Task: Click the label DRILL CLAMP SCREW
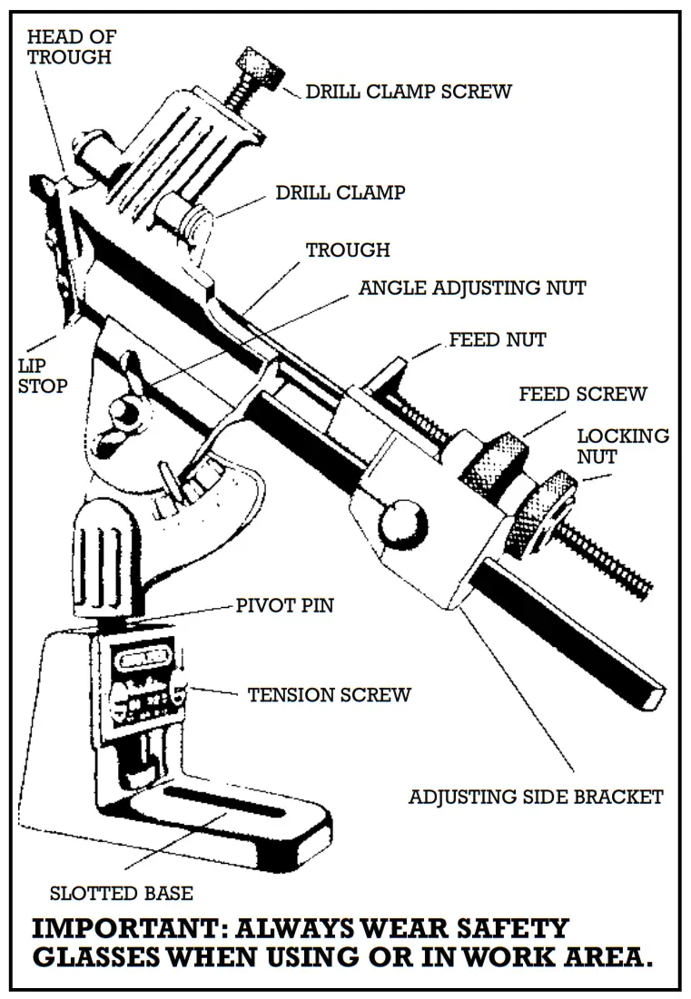pyautogui.click(x=408, y=92)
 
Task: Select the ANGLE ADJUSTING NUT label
pyautogui.click(x=472, y=288)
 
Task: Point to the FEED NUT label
pyautogui.click(x=498, y=340)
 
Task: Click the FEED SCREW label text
pyautogui.click(x=582, y=395)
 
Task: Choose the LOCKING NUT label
pyautogui.click(x=623, y=446)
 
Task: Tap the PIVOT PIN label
pyautogui.click(x=284, y=605)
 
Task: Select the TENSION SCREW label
pyautogui.click(x=329, y=695)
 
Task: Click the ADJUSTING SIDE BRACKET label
pyautogui.click(x=535, y=798)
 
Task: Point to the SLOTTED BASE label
pyautogui.click(x=121, y=893)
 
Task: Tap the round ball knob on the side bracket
pyautogui.click(x=403, y=524)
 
